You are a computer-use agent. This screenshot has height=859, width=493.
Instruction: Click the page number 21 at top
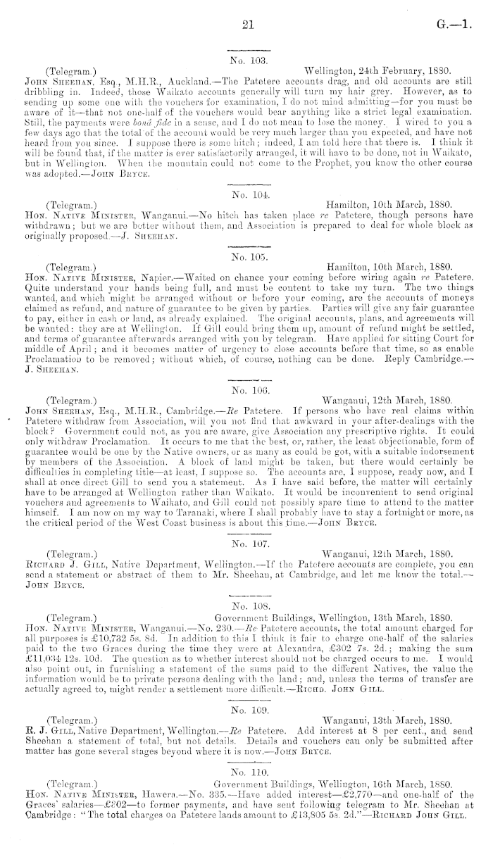246,25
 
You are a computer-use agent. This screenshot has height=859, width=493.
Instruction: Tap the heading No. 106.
246,387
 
